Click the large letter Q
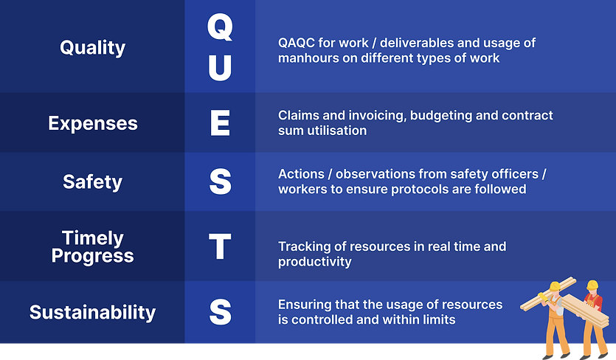click(x=220, y=27)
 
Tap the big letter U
click(x=220, y=68)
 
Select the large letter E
click(x=220, y=123)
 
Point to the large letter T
click(x=220, y=246)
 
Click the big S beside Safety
click(x=220, y=181)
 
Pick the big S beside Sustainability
click(x=220, y=311)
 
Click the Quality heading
click(x=93, y=48)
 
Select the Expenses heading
click(x=93, y=124)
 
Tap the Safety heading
click(x=93, y=182)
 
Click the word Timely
click(x=93, y=238)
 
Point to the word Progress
click(x=93, y=256)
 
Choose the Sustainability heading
click(x=93, y=313)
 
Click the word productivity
click(x=315, y=262)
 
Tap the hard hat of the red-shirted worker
click(x=592, y=285)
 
